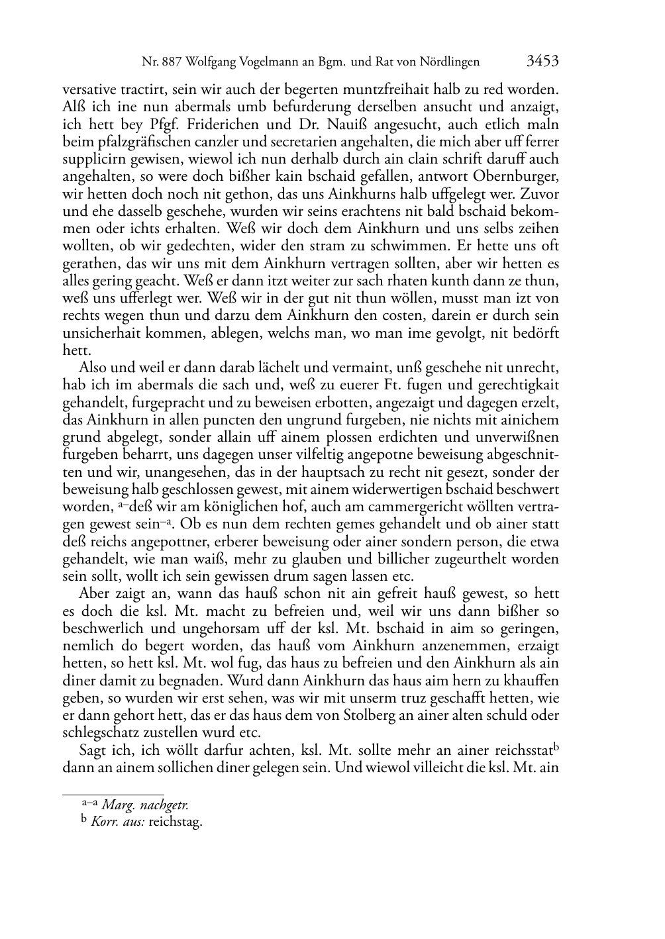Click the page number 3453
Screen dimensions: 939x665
point(542,62)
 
